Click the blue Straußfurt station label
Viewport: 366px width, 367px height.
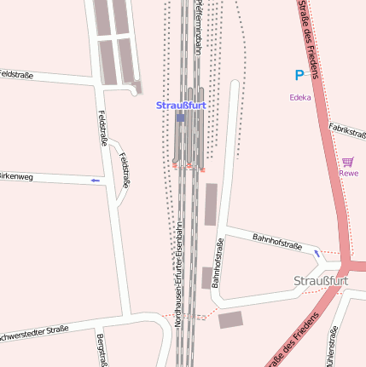tap(181, 106)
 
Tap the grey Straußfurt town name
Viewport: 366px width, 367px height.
tap(321, 282)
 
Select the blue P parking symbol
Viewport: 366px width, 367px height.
tap(299, 75)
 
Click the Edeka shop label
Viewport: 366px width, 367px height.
tap(299, 97)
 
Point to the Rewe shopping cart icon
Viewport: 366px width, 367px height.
tap(348, 161)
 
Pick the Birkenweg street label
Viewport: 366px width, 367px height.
tap(17, 177)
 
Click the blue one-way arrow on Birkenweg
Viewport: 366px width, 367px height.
tap(95, 181)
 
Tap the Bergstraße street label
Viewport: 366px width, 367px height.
tap(102, 351)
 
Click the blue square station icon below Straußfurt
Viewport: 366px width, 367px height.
tap(180, 118)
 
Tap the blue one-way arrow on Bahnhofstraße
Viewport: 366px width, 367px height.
tap(317, 253)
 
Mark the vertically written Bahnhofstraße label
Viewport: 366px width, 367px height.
tap(217, 263)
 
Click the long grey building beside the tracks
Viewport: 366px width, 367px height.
tap(211, 204)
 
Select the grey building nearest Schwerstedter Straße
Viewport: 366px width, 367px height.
tap(230, 320)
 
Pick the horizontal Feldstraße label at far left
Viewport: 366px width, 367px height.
tap(16, 75)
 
